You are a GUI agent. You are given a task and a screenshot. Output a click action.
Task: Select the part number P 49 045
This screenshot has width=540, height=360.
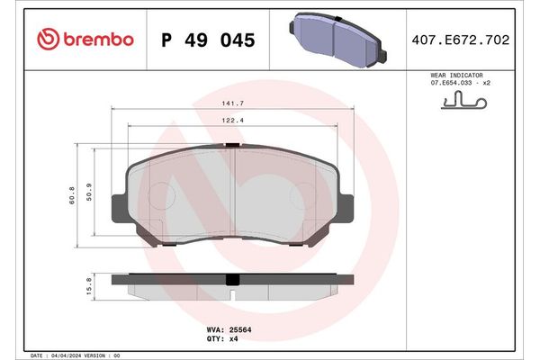click(x=207, y=40)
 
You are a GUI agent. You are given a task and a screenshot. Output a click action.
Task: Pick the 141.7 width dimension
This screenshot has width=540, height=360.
click(x=235, y=104)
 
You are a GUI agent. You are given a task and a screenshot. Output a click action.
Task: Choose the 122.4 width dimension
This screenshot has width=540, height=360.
click(x=235, y=121)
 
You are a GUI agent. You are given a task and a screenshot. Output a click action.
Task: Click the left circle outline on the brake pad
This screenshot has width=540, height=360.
click(x=158, y=195)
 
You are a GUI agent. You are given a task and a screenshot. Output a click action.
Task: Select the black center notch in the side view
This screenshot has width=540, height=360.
click(x=234, y=279)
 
